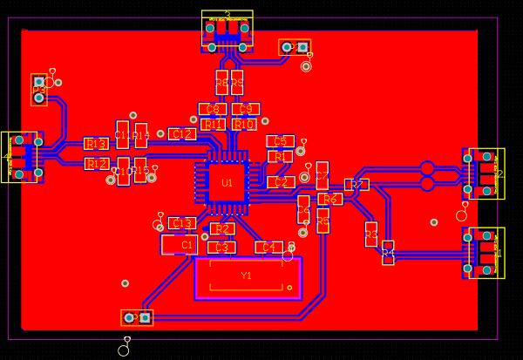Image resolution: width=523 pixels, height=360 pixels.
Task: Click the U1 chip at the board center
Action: pos(227,183)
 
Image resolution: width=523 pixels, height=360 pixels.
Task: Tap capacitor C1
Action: pos(180,245)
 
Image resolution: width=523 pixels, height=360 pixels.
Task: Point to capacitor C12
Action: pos(182,134)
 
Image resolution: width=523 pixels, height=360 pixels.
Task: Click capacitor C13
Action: pos(182,224)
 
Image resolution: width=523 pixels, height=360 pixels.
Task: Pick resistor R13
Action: pos(96,144)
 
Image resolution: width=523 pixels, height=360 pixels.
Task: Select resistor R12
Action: pos(97,164)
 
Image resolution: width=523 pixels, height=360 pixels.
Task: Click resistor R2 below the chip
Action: pos(222,229)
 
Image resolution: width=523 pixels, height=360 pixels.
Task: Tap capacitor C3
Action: pos(221,248)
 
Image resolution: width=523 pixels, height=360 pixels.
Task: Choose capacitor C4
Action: pos(268,248)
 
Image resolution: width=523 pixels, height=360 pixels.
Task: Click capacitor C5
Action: pos(280,141)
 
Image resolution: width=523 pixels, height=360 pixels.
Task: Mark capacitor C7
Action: pos(323,175)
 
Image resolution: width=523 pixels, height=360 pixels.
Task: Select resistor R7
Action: pos(357,185)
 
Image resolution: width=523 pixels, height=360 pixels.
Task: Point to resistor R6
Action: pos(330,200)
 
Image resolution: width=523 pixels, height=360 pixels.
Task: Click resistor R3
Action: pos(371,234)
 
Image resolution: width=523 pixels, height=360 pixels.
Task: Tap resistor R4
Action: pos(388,253)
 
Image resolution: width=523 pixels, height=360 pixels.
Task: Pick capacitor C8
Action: pos(213,109)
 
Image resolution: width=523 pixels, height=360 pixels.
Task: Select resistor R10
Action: pos(244,125)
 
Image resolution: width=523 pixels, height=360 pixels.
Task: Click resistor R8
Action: pos(221,83)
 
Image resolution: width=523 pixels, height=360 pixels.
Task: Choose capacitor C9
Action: pos(246,109)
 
